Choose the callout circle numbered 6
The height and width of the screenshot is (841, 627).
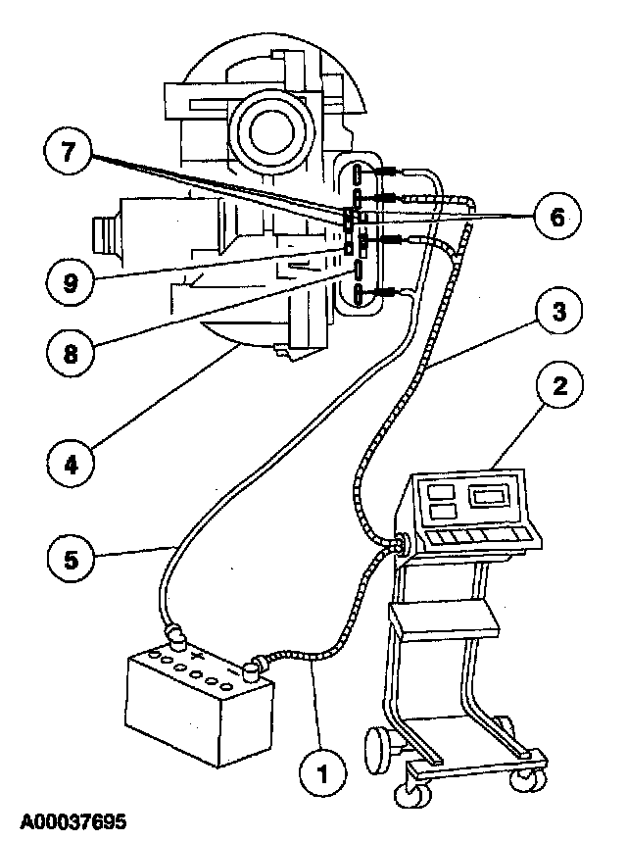coord(555,217)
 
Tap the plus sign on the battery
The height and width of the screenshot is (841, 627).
coord(198,654)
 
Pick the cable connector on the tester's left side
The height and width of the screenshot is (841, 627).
coord(400,544)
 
